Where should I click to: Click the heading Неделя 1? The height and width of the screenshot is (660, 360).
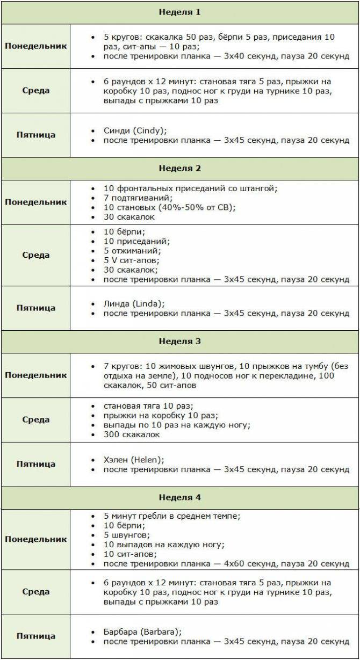coord(179,12)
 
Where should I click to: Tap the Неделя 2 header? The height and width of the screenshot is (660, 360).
coord(179,168)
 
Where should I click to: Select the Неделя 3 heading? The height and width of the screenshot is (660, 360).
coord(179,341)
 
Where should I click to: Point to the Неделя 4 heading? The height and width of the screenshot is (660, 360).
coord(179,497)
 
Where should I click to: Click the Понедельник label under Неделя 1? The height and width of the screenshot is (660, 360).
coord(36,46)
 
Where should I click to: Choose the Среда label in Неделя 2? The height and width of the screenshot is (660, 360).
coord(36,255)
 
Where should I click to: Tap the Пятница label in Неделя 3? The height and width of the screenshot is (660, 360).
coord(36,464)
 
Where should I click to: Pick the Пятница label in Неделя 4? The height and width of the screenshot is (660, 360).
coord(36,636)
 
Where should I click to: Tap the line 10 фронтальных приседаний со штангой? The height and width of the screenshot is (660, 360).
coord(190,188)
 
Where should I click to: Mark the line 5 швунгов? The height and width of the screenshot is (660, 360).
coord(127,535)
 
